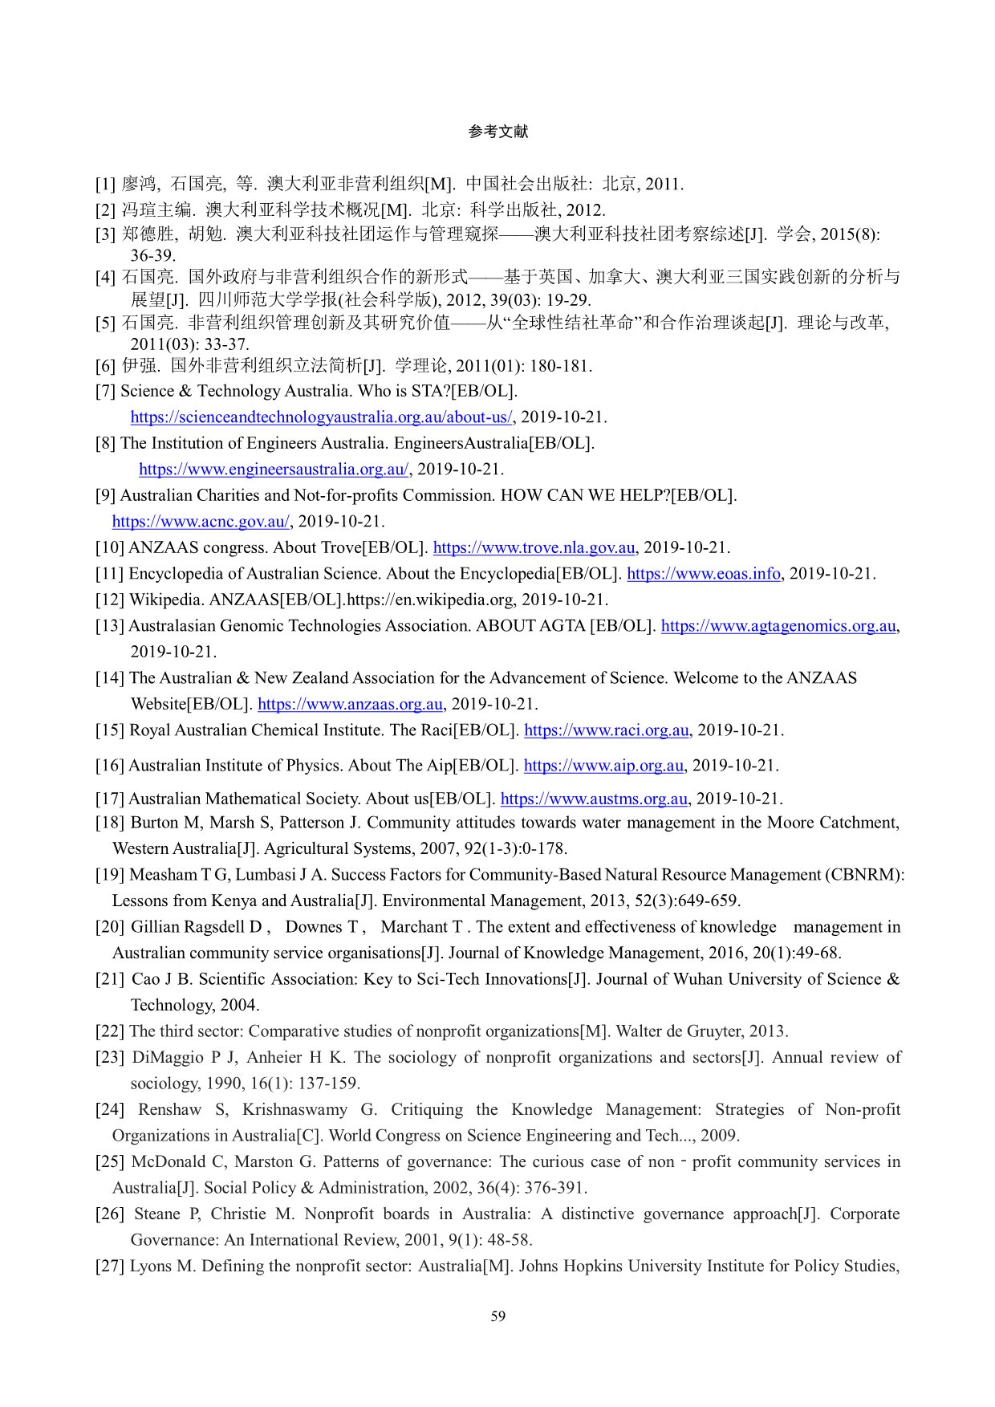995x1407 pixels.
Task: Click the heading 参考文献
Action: [497, 132]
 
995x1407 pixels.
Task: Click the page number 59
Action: [497, 1316]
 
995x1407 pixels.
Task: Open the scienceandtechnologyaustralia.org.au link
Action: [321, 417]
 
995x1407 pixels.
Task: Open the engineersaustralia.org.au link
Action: [274, 469]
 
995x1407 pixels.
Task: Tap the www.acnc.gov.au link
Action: [201, 521]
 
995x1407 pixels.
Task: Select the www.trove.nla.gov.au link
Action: [534, 547]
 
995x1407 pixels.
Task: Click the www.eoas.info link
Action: [703, 573]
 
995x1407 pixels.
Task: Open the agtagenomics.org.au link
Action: [778, 625]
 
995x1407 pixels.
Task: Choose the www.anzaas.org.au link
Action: [350, 704]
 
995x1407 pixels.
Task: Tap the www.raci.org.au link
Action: [606, 730]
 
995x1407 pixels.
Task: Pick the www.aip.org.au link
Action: [603, 765]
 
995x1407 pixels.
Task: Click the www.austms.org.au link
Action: [594, 799]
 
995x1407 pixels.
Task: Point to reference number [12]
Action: [110, 600]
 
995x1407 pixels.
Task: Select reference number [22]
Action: [110, 1031]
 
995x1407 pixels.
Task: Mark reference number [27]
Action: [110, 1266]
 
